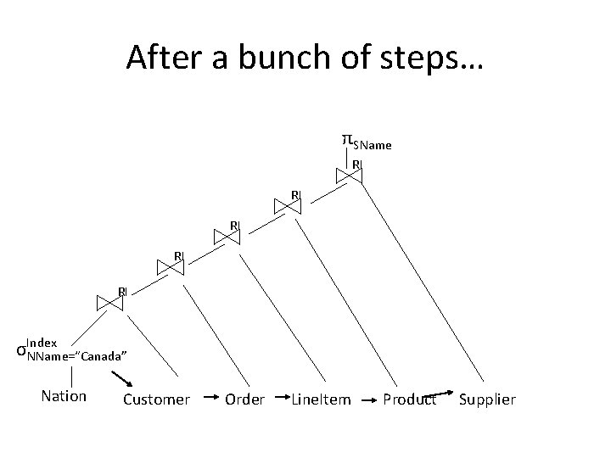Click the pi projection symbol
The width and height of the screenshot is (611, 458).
pyautogui.click(x=346, y=138)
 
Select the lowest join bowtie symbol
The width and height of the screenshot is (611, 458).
pyautogui.click(x=112, y=303)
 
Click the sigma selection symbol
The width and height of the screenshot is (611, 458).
pyautogui.click(x=20, y=350)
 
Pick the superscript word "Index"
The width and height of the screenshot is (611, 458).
pyautogui.click(x=42, y=343)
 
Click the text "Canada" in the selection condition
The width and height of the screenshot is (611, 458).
pyautogui.click(x=104, y=355)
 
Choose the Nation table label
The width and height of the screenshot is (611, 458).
pyautogui.click(x=63, y=396)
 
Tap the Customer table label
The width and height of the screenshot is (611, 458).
pyautogui.click(x=156, y=399)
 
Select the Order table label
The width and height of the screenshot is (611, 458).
pyautogui.click(x=244, y=399)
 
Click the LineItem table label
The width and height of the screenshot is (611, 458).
pyautogui.click(x=321, y=399)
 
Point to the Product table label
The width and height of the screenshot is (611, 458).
pyautogui.click(x=409, y=399)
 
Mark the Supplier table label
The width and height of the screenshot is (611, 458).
pyautogui.click(x=487, y=399)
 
